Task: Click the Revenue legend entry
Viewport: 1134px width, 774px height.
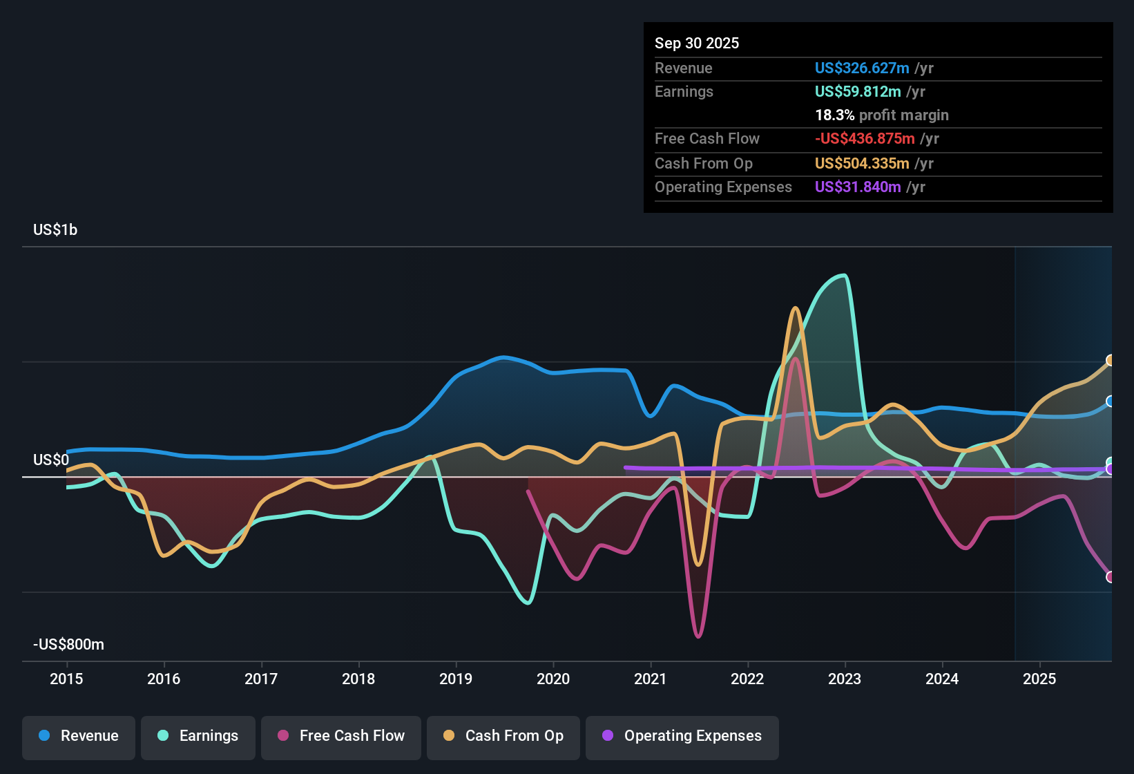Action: (x=79, y=736)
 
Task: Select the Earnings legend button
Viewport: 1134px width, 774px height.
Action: (x=198, y=736)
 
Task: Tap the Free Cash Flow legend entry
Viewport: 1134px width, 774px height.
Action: (x=341, y=736)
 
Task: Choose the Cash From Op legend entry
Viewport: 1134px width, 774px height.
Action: (x=503, y=736)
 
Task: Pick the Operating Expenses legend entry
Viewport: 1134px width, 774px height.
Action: (x=682, y=736)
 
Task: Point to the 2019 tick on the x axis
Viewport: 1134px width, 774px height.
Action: (x=456, y=679)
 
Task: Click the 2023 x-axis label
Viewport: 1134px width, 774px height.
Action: (x=845, y=679)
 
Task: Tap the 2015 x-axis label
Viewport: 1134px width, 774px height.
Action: (x=66, y=679)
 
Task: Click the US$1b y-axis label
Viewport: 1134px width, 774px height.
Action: (x=55, y=230)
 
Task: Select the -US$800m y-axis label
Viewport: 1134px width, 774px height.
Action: (x=68, y=645)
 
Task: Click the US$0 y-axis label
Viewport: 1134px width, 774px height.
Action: (x=51, y=460)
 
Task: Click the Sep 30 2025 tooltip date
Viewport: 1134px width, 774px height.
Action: (x=696, y=44)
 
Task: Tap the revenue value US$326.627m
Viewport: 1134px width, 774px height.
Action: (x=861, y=68)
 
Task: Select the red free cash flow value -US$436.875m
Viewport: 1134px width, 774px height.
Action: (x=865, y=139)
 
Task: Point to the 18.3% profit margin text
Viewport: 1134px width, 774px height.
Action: (x=881, y=115)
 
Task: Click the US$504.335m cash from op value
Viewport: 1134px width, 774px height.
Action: (x=861, y=164)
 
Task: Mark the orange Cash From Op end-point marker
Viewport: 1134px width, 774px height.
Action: (x=1110, y=360)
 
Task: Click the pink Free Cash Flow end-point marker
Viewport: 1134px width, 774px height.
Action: (x=1110, y=576)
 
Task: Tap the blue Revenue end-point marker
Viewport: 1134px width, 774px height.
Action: (x=1110, y=402)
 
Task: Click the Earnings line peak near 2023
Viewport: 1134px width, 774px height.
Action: (x=843, y=276)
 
